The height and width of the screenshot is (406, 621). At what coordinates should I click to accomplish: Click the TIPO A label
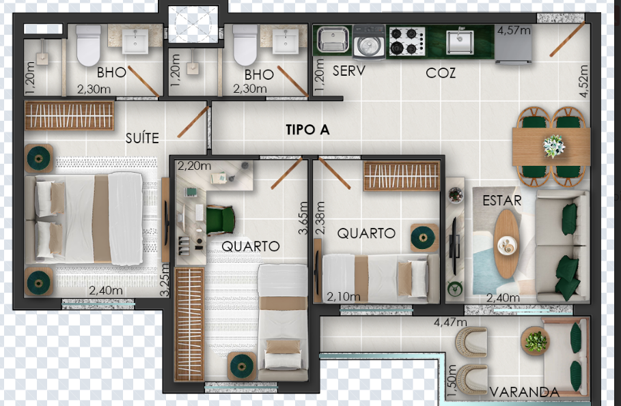[307, 130]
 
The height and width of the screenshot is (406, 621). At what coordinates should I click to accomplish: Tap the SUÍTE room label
[142, 138]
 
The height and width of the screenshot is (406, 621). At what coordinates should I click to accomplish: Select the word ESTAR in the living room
[502, 201]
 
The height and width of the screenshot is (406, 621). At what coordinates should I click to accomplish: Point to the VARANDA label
[525, 392]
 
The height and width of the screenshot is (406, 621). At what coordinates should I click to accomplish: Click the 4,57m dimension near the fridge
[514, 30]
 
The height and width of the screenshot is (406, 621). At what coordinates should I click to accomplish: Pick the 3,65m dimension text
[303, 218]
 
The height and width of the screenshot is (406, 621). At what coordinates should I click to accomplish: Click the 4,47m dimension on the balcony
[450, 323]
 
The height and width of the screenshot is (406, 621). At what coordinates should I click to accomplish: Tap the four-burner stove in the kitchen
[406, 41]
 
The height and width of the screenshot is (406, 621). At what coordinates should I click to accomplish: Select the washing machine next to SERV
[369, 42]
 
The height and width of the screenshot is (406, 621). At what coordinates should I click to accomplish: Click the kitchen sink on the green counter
[460, 41]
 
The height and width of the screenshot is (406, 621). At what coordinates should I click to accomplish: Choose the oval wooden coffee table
[506, 244]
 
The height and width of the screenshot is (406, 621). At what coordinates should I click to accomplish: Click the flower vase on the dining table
[553, 146]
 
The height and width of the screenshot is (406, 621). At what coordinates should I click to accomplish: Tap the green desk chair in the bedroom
[220, 220]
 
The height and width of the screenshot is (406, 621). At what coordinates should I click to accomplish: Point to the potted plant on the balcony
[536, 340]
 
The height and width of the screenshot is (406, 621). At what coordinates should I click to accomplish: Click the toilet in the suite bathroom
[88, 45]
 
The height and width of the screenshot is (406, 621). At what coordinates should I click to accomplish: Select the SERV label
[348, 71]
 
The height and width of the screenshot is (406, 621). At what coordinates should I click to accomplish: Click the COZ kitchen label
[441, 73]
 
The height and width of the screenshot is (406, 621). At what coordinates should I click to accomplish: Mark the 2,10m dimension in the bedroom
[344, 296]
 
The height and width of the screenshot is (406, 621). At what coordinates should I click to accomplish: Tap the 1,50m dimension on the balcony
[452, 381]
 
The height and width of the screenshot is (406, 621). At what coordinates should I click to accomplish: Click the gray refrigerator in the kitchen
[513, 44]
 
